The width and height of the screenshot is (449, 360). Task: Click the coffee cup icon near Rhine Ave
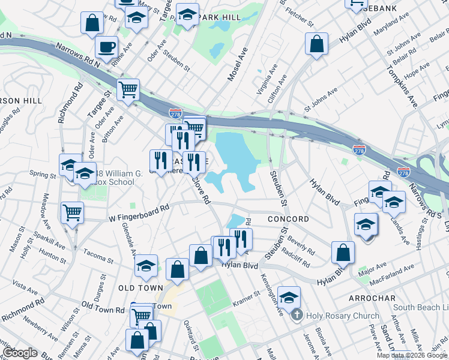point(106,47)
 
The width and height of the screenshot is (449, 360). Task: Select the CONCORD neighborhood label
point(288,219)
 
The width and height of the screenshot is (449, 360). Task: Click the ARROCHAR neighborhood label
point(372,298)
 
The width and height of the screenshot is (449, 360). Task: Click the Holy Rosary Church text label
point(342,316)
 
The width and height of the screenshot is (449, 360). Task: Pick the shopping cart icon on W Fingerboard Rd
point(72,212)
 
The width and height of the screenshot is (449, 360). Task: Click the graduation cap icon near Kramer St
point(289,296)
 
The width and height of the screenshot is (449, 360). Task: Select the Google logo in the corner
point(20,353)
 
